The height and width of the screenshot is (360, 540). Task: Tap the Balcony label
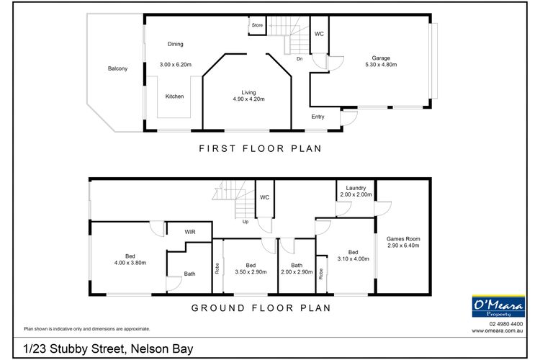point(117,68)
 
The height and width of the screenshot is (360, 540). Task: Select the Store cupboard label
point(257,25)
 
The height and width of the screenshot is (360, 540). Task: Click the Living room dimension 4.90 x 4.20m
point(249,99)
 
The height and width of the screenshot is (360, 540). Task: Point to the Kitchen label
point(174,96)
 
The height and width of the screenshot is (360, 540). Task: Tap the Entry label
point(318,117)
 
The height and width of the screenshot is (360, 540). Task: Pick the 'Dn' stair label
point(299,59)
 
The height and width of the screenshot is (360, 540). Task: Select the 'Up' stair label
point(246,222)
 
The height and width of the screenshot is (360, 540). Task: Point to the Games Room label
point(403,239)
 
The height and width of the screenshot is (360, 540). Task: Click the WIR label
point(190,232)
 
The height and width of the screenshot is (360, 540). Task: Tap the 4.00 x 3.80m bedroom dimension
point(130,264)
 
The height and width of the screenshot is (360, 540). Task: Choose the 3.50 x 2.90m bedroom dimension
point(251,271)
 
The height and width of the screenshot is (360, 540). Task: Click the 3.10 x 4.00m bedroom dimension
point(353,259)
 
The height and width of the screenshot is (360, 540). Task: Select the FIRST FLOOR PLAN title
point(259,149)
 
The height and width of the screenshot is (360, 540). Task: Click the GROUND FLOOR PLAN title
point(260,307)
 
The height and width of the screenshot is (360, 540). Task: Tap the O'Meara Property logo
point(497,306)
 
